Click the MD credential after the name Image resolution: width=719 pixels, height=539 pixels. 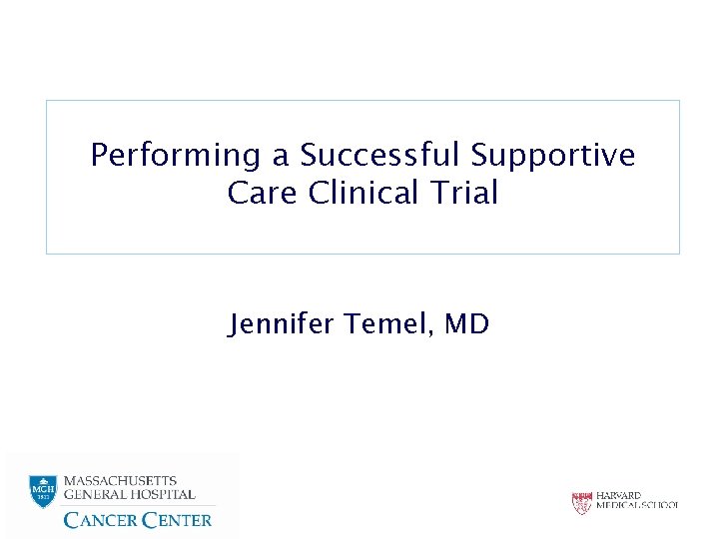(x=466, y=324)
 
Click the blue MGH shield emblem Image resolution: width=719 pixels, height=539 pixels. (x=42, y=490)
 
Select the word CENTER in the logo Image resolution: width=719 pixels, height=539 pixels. (x=177, y=519)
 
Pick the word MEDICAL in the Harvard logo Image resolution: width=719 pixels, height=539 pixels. (x=619, y=506)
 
